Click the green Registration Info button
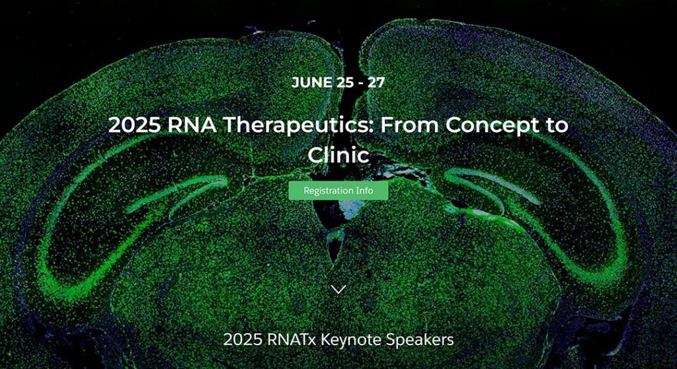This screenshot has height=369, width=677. click(x=338, y=190)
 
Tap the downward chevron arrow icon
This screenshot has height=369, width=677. click(x=338, y=290)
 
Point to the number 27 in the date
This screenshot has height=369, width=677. click(x=376, y=82)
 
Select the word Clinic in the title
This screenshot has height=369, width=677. click(x=338, y=155)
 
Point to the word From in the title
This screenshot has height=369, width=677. click(x=410, y=125)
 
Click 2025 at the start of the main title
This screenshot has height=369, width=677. click(x=135, y=125)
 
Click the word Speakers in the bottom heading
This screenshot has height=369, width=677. click(x=420, y=340)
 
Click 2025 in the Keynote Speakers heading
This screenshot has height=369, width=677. click(x=243, y=340)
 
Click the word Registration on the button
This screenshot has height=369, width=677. click(x=328, y=190)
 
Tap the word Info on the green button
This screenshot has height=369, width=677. click(x=364, y=190)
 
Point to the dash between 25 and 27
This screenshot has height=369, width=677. click(x=360, y=83)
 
